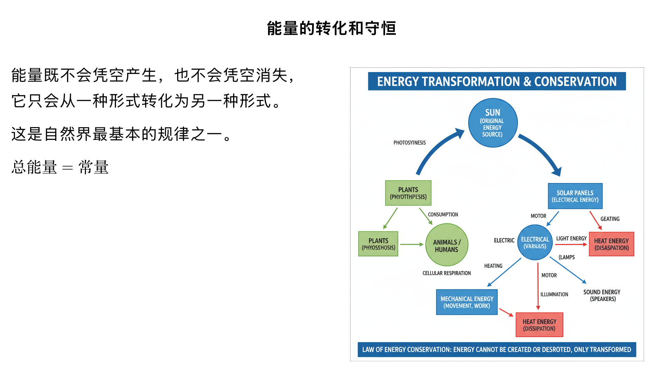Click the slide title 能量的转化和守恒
point(331,28)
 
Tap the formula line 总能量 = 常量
point(60,168)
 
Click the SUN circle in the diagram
point(493,123)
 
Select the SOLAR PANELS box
point(575,196)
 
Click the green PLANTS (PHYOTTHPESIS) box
point(408,193)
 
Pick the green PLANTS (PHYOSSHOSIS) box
point(378,244)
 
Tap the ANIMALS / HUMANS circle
point(447,245)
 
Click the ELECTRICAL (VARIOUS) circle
point(535,242)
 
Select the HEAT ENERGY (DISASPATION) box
point(611,244)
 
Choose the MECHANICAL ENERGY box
point(467,302)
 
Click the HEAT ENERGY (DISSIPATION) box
point(539,325)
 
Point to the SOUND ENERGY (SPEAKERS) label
point(602,295)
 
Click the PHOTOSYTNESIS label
point(410,143)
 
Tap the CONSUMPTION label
point(443,214)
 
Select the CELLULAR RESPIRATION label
point(446,273)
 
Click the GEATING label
point(610,219)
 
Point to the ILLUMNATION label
point(554,294)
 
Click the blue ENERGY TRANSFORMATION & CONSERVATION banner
point(497,82)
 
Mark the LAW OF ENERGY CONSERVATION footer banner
point(497,350)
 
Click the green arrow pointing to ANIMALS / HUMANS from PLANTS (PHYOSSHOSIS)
point(412,245)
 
